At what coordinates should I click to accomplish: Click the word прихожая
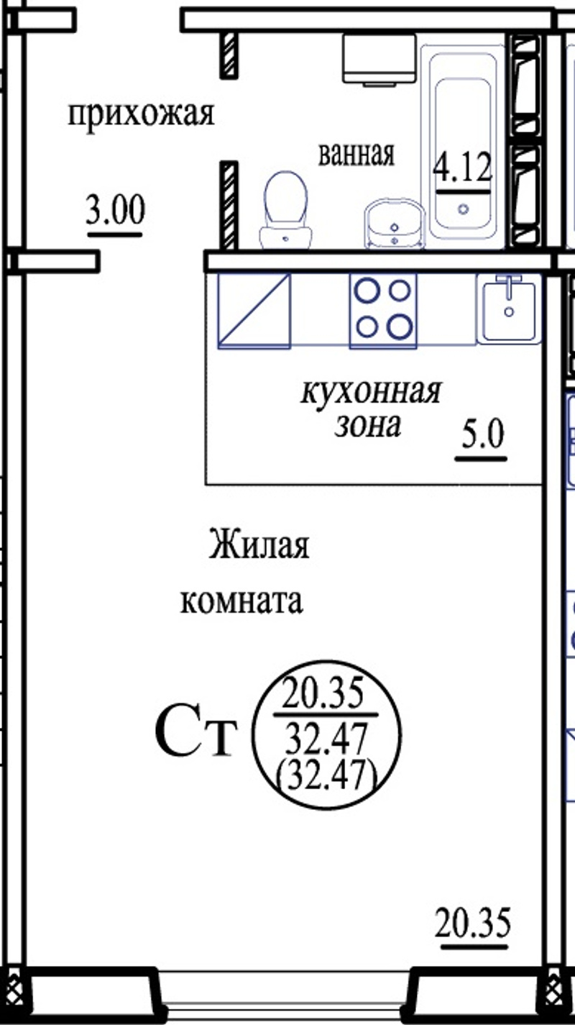(142, 115)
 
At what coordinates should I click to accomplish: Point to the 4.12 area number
(463, 167)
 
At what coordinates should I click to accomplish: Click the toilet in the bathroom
(286, 211)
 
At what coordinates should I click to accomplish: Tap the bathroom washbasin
(395, 224)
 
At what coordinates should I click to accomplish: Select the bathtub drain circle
(464, 209)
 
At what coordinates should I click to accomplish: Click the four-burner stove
(383, 311)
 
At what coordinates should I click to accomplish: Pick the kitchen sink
(509, 309)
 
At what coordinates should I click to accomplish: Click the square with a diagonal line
(254, 311)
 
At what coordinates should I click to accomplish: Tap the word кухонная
(371, 392)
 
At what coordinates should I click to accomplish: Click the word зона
(368, 426)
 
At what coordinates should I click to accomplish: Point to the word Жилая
(259, 545)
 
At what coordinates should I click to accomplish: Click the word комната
(241, 601)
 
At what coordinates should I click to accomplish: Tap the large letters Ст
(196, 737)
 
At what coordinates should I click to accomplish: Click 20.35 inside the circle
(323, 693)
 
